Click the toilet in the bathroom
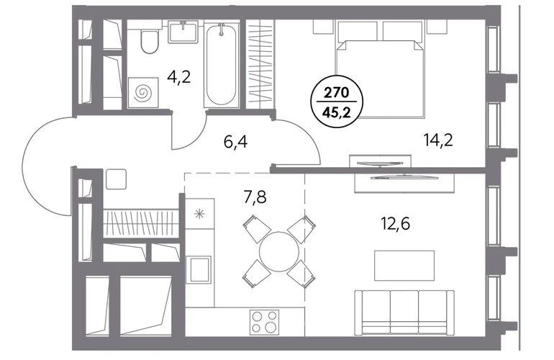(150, 41)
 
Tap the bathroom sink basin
(183, 32)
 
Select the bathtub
(221, 63)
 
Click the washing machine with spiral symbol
(142, 93)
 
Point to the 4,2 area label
(179, 77)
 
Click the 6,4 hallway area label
(236, 142)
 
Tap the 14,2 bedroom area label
(438, 140)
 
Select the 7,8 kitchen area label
(255, 197)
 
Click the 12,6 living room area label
(396, 223)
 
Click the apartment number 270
(337, 93)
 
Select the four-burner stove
(264, 322)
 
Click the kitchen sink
(200, 269)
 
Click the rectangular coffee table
(404, 265)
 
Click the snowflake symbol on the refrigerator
(200, 214)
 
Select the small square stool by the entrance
(117, 179)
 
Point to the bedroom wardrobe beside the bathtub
(260, 63)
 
